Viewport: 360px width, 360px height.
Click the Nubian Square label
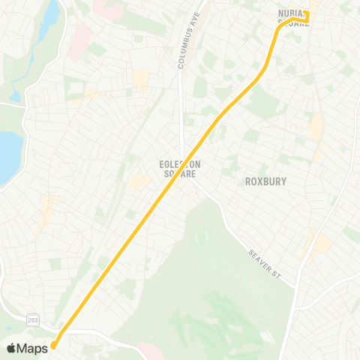[x=293, y=18]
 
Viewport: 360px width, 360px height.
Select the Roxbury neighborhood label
[x=265, y=181]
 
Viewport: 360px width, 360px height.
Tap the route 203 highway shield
[x=33, y=319]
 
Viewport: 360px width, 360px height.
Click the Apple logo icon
[x=10, y=347]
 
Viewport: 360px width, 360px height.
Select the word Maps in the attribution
[x=32, y=347]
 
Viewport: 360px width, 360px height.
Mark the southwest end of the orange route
[x=52, y=346]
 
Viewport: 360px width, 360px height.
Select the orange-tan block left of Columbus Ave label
[x=142, y=78]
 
